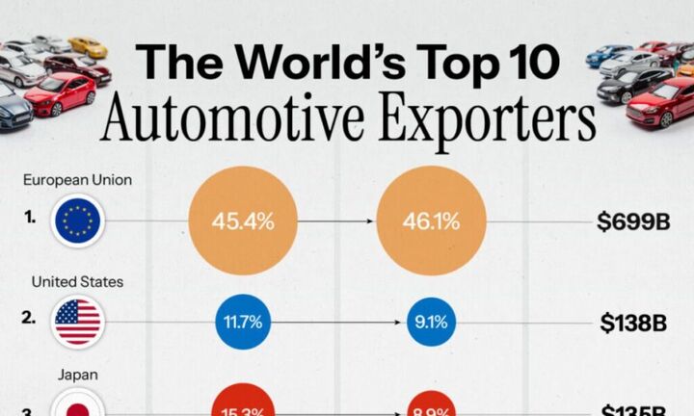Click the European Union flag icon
coord(78,221)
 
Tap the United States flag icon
coord(78,322)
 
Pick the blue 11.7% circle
coord(243,323)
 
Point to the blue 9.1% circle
coord(430,323)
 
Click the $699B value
coord(631,222)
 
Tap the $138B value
coord(633,324)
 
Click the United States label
coord(77,281)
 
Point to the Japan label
coord(77,376)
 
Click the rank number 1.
coord(30,218)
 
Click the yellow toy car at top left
coord(89,47)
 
